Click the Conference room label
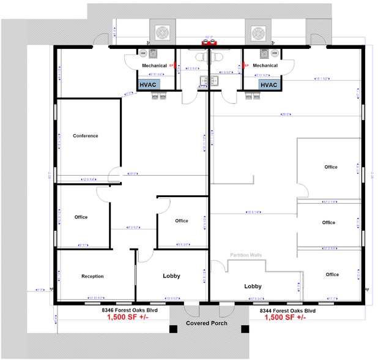(85, 136)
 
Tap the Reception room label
(92, 276)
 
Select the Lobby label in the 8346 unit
(171, 276)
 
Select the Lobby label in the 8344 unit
(253, 286)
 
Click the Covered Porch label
(207, 323)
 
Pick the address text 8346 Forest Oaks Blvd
(128, 310)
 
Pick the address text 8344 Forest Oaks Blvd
(286, 310)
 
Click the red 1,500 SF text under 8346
(128, 318)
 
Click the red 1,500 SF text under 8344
(285, 318)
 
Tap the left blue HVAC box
(149, 85)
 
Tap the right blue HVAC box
(269, 85)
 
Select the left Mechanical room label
(154, 66)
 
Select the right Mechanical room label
(265, 66)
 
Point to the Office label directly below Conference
(81, 217)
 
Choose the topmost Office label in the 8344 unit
(331, 167)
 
